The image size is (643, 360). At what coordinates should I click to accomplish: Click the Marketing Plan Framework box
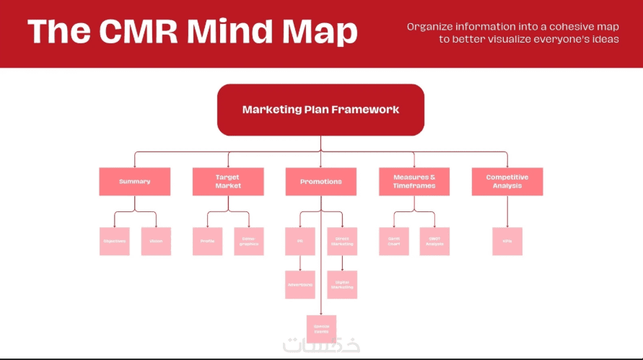pyautogui.click(x=320, y=110)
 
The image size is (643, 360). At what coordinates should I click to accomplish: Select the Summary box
pyautogui.click(x=135, y=182)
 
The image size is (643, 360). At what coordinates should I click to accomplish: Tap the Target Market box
pyautogui.click(x=228, y=182)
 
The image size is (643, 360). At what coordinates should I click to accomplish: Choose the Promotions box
pyautogui.click(x=321, y=182)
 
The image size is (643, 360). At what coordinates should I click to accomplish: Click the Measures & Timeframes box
pyautogui.click(x=414, y=182)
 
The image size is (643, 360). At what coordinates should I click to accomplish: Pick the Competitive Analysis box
pyautogui.click(x=507, y=182)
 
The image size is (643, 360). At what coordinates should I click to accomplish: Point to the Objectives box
pyautogui.click(x=114, y=241)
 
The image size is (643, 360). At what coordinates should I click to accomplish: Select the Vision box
pyautogui.click(x=156, y=241)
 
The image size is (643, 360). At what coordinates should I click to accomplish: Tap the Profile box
pyautogui.click(x=207, y=241)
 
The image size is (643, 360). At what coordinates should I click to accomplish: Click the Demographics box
pyautogui.click(x=249, y=241)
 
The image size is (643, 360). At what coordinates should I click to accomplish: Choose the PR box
pyautogui.click(x=300, y=241)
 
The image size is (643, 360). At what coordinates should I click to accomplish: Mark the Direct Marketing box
pyautogui.click(x=342, y=241)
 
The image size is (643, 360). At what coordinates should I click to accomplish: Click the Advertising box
pyautogui.click(x=300, y=284)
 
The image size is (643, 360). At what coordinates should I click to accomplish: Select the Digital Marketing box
pyautogui.click(x=342, y=284)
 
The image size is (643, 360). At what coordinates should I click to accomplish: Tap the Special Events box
pyautogui.click(x=321, y=328)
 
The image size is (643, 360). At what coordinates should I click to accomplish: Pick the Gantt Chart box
pyautogui.click(x=394, y=241)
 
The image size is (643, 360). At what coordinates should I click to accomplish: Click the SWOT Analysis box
pyautogui.click(x=435, y=241)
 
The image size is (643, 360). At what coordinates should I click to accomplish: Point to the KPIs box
pyautogui.click(x=507, y=241)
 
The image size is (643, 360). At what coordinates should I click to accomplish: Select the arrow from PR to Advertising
pyautogui.click(x=300, y=263)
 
